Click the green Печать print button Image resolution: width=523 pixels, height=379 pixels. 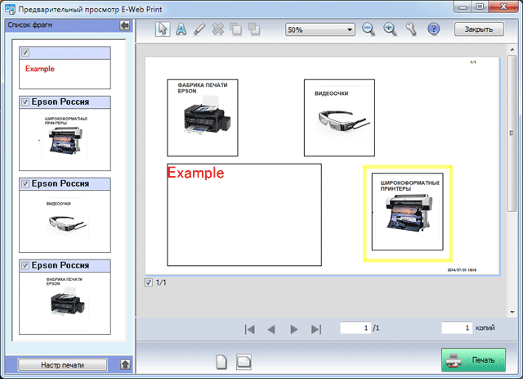(473, 359)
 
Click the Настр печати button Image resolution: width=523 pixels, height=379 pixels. (63, 364)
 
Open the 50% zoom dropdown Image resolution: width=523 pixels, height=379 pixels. (320, 29)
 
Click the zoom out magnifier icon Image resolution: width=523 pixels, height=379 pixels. (369, 29)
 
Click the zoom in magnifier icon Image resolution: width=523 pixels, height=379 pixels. (390, 29)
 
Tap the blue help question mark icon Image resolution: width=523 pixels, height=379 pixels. (434, 29)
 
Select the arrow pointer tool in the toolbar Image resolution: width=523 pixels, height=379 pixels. (163, 29)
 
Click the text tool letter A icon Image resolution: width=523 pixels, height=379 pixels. (181, 29)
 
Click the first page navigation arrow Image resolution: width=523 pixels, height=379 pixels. (250, 329)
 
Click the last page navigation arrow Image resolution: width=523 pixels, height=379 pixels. (316, 329)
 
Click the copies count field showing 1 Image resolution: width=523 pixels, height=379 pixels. (458, 327)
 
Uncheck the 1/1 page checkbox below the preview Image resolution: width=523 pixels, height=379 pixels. (148, 283)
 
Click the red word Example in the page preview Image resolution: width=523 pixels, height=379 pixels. (194, 174)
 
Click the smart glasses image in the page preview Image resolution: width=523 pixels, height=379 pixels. (338, 120)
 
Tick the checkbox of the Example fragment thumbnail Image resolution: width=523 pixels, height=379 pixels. (25, 53)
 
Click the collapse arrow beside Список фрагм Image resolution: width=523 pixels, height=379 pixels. (124, 25)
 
